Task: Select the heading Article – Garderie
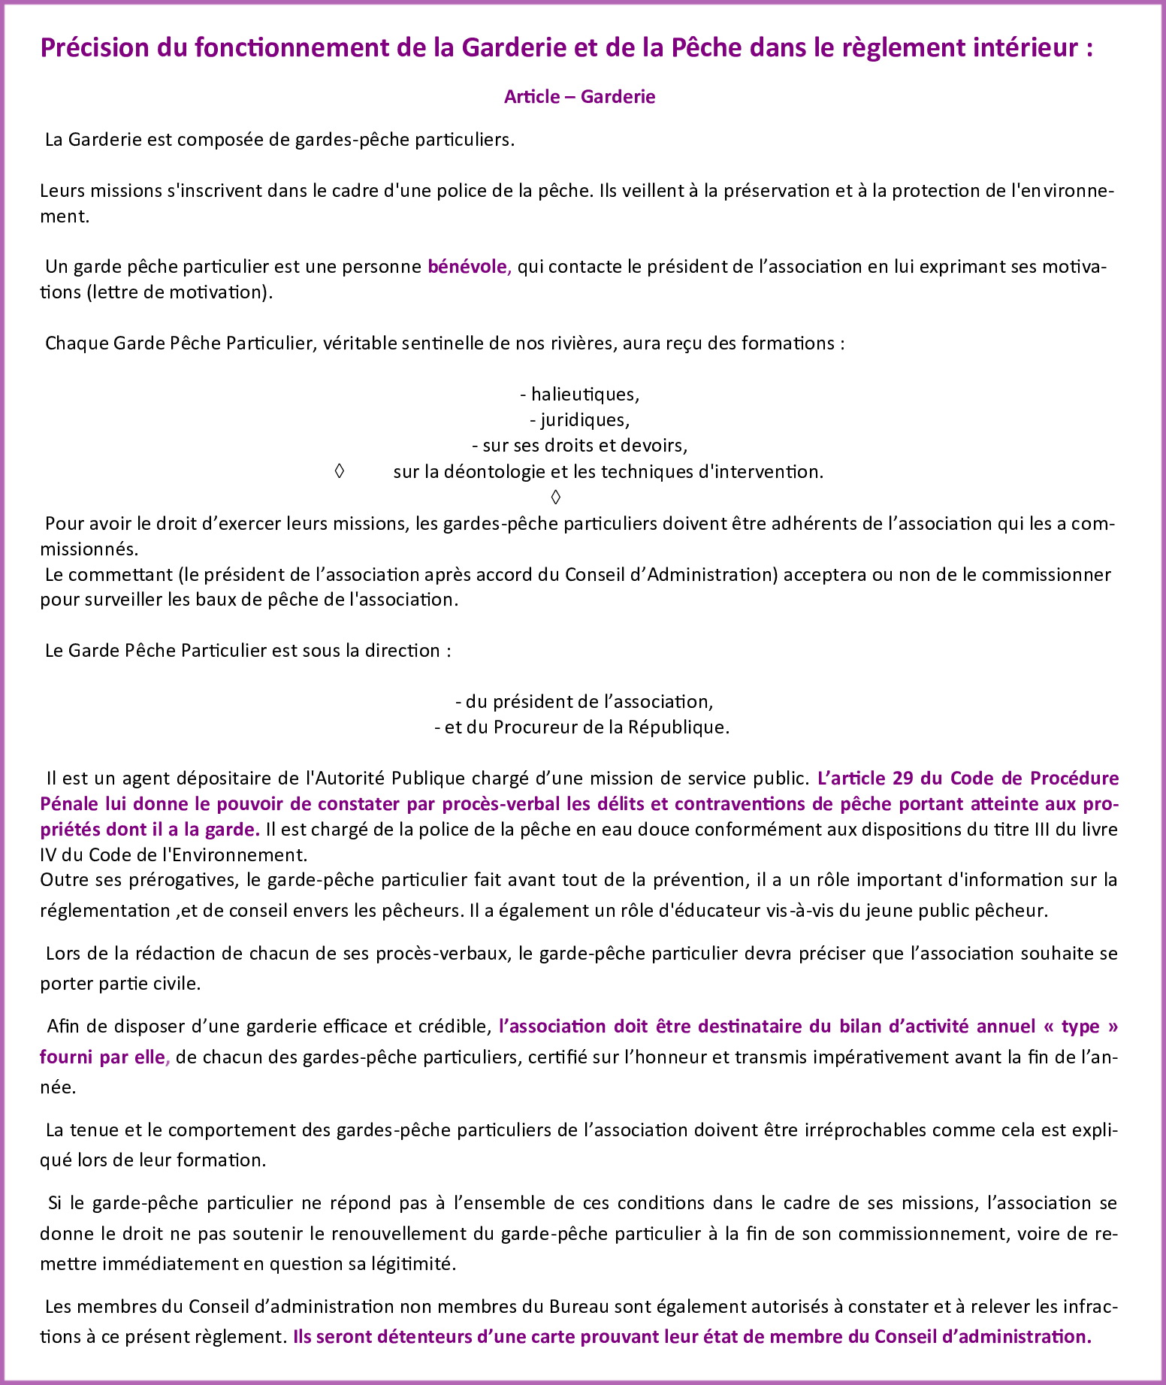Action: pyautogui.click(x=579, y=97)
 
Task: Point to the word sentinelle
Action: pyautogui.click(x=445, y=343)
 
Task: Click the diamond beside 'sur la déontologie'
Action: pyautogui.click(x=339, y=471)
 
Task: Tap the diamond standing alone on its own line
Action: pyautogui.click(x=555, y=497)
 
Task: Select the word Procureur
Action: pyautogui.click(x=528, y=727)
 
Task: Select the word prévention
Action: pyautogui.click(x=677, y=880)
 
